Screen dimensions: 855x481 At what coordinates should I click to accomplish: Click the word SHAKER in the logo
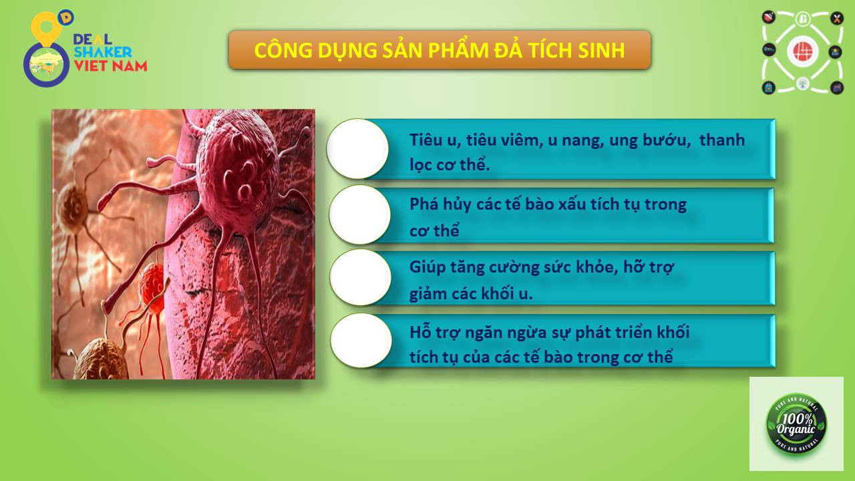(103, 52)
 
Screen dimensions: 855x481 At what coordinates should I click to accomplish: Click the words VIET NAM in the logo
(111, 65)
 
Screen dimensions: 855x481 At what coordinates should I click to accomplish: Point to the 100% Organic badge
(797, 424)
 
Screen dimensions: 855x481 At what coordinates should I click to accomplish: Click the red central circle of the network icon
(802, 51)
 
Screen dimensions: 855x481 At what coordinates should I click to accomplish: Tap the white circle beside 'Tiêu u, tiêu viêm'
(357, 148)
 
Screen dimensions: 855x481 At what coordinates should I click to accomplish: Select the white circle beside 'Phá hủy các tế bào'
(359, 215)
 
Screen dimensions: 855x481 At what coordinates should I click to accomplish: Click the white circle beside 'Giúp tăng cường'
(360, 277)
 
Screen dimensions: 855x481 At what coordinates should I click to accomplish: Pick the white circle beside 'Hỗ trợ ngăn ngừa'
(361, 341)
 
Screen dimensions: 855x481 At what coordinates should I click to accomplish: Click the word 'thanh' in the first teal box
(722, 140)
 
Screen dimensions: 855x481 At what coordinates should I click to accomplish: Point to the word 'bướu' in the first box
(667, 140)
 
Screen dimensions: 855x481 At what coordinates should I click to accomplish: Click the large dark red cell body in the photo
(236, 172)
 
